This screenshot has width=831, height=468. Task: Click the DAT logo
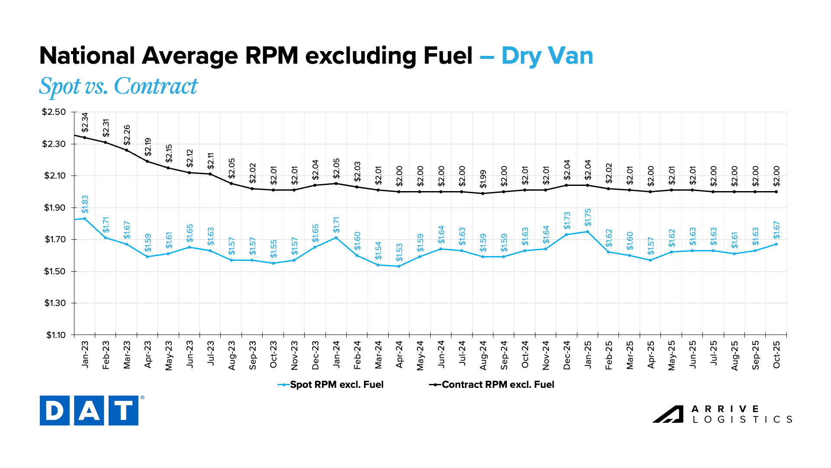point(89,410)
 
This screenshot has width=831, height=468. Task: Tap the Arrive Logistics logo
point(722,414)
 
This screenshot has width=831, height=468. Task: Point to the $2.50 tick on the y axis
point(54,112)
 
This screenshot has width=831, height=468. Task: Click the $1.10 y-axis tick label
point(56,335)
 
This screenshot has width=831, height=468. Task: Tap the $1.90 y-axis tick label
point(55,208)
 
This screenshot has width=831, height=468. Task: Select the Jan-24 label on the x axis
point(336,355)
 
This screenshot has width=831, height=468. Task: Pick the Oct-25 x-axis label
point(776,355)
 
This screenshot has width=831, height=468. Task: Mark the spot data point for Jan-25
point(587,231)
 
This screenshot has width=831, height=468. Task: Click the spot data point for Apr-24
point(399,266)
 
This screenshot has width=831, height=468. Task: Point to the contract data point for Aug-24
point(483,193)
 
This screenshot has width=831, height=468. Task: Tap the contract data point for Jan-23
point(85,137)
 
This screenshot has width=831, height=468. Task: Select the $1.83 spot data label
point(85,205)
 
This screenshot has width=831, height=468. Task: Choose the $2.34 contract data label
point(85,122)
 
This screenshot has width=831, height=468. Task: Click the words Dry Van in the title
point(547,56)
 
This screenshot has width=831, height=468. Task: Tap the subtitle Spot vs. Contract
point(118,86)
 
